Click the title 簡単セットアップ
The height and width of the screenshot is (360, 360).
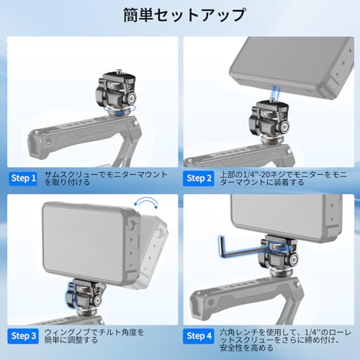pos(180,14)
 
